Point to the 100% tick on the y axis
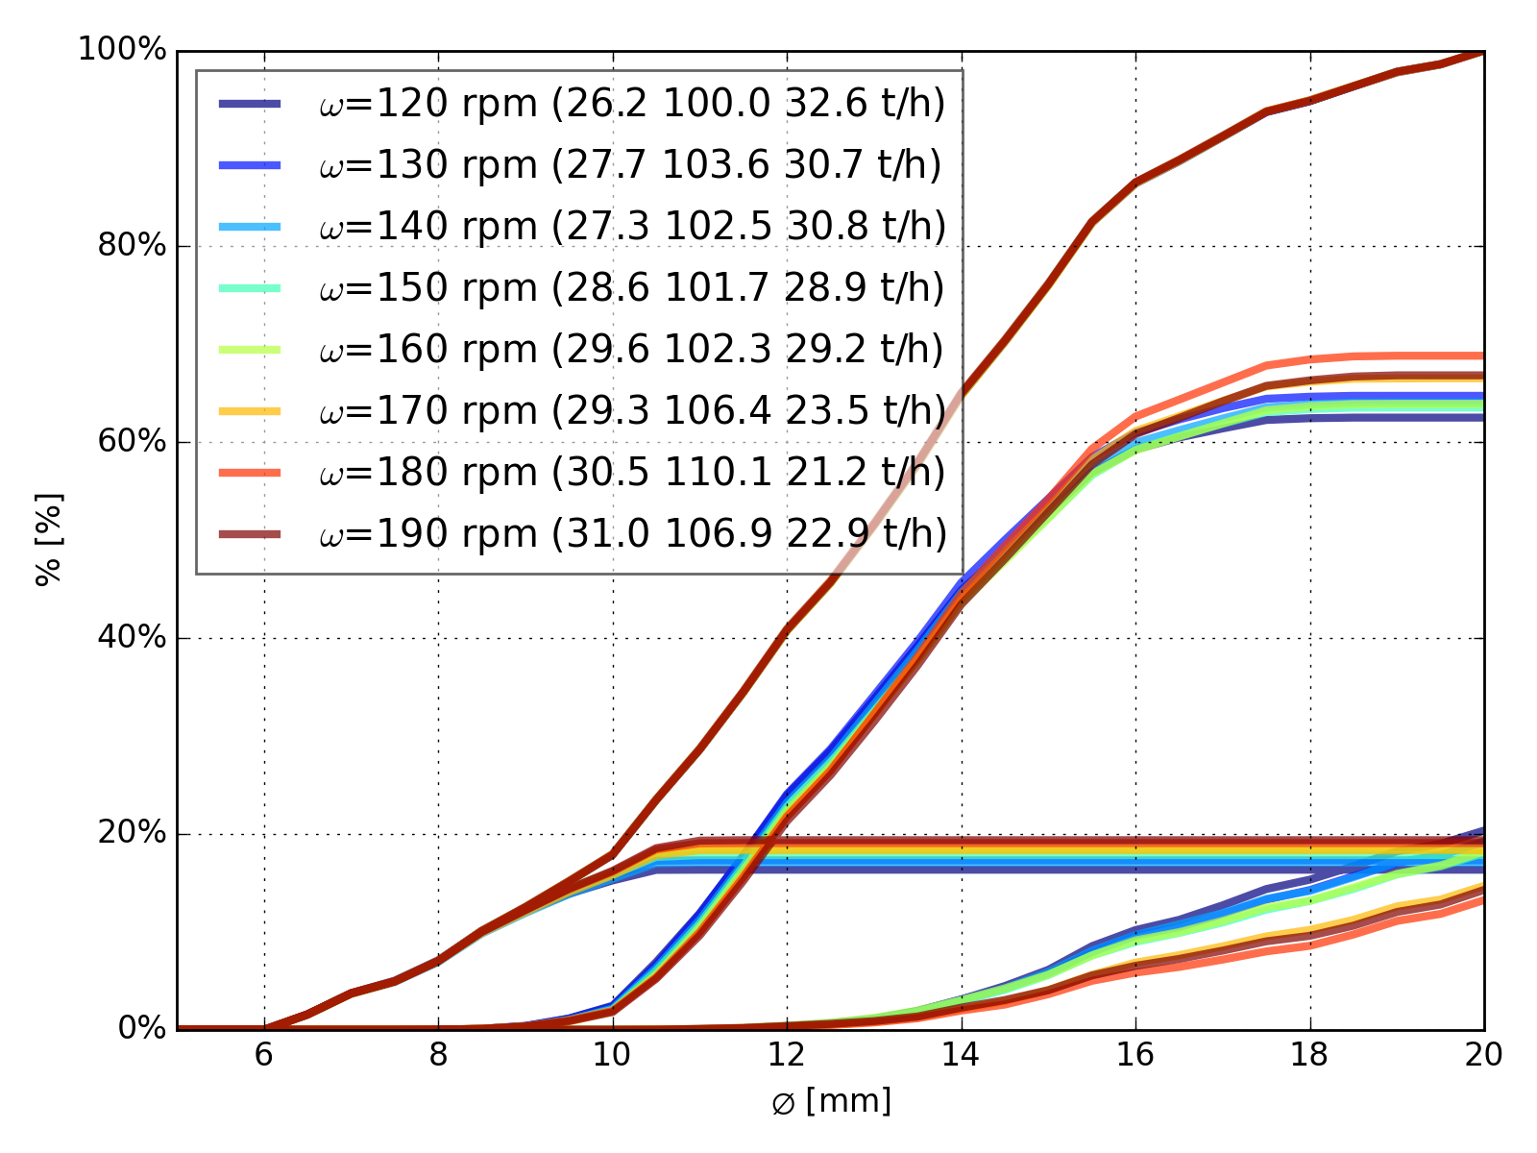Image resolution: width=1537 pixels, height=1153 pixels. pyautogui.click(x=122, y=50)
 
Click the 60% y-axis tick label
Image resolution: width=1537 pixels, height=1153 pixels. pyautogui.click(x=131, y=442)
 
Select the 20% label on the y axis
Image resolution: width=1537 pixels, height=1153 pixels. pyautogui.click(x=131, y=833)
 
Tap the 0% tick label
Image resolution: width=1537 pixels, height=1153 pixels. pyautogui.click(x=140, y=1029)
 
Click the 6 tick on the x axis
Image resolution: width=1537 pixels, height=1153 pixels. pyautogui.click(x=264, y=1056)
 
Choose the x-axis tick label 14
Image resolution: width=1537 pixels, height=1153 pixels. pyautogui.click(x=961, y=1056)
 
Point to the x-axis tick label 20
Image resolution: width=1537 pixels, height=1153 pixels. pyautogui.click(x=1483, y=1056)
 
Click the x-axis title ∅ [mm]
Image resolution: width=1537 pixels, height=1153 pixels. pyautogui.click(x=831, y=1101)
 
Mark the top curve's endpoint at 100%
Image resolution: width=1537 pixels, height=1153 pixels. pyautogui.click(x=1483, y=51)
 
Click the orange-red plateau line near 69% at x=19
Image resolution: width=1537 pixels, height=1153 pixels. pyautogui.click(x=1397, y=356)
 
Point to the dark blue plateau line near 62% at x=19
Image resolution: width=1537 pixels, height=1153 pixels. pyautogui.click(x=1397, y=417)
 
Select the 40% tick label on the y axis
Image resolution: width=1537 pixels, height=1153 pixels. pyautogui.click(x=131, y=638)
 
